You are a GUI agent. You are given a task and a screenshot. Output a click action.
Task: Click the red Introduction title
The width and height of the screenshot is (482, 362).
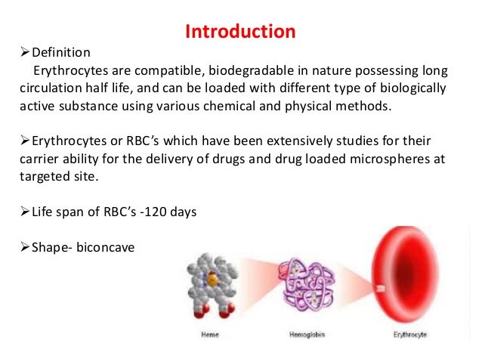tap(240, 32)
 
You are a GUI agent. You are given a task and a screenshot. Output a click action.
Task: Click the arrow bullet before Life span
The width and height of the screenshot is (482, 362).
tap(23, 212)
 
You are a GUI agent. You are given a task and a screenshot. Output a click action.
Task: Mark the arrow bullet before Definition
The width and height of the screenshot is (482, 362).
tap(23, 53)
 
